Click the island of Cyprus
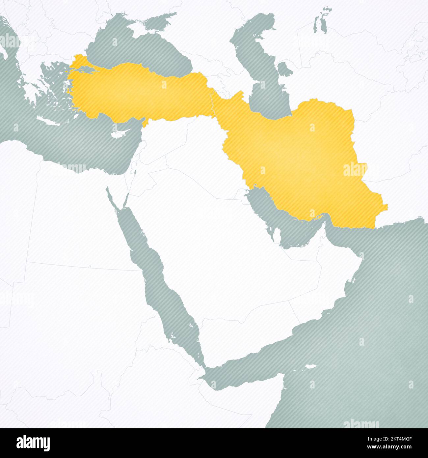(x=118, y=134)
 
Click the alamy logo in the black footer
(x=33, y=443)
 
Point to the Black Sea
(x=138, y=46)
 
